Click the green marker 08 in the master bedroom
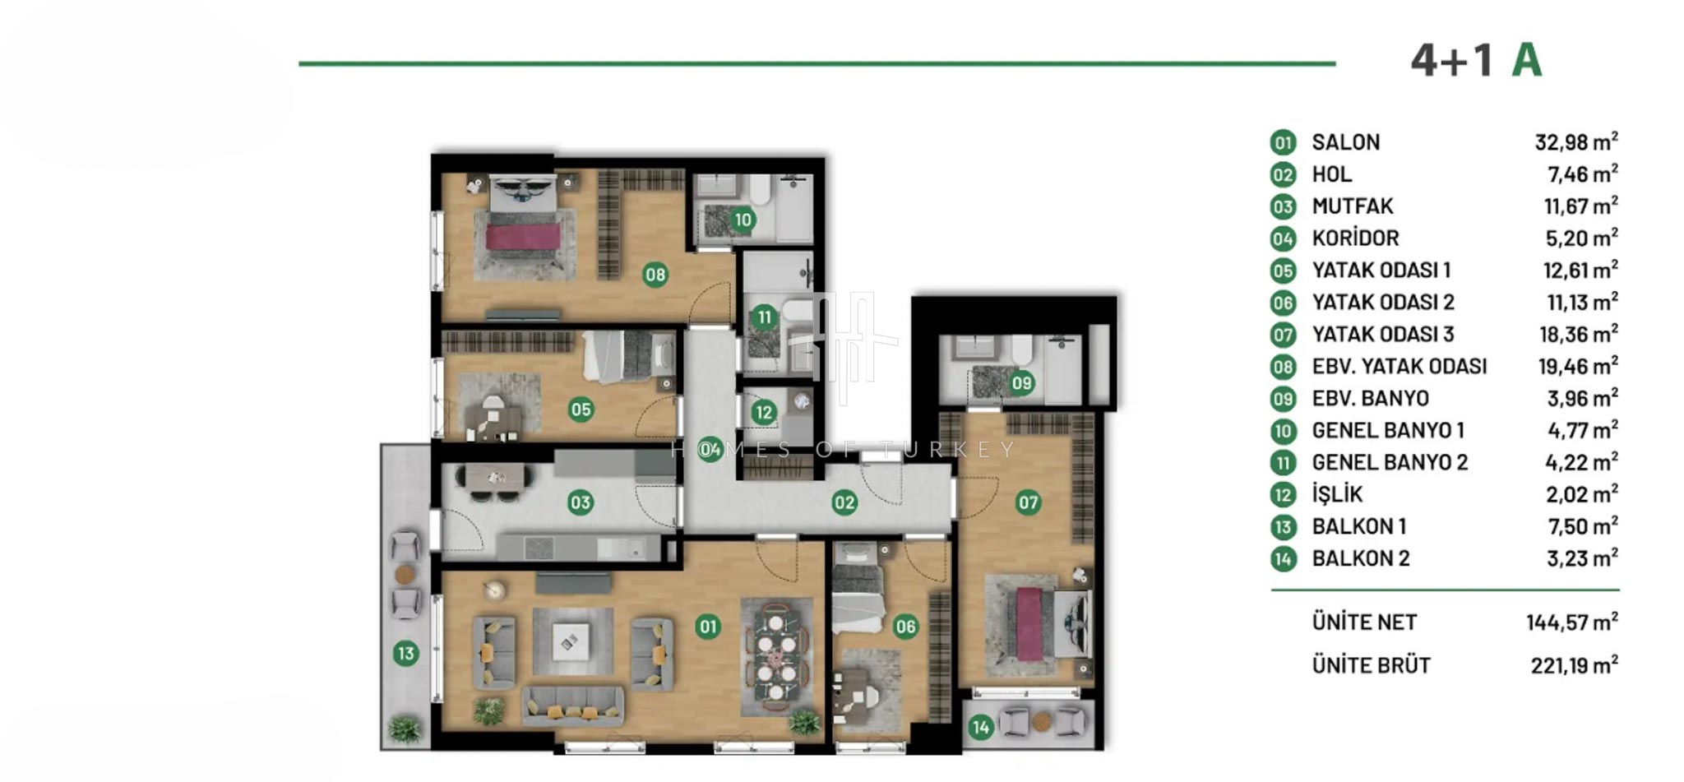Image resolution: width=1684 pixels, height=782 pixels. tap(655, 275)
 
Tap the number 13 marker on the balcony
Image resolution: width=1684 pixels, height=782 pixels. tap(405, 654)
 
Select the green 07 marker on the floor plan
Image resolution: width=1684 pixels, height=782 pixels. tap(1028, 502)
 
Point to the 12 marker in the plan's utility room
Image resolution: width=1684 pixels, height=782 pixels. tap(764, 412)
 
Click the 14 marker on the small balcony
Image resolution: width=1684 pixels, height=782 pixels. tap(980, 727)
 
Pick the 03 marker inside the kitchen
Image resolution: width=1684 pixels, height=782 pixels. tap(581, 502)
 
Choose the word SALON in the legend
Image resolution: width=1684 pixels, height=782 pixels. tap(1346, 142)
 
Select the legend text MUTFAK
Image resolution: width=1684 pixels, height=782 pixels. tap(1353, 206)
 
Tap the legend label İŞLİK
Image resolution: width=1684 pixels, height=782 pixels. tap(1337, 494)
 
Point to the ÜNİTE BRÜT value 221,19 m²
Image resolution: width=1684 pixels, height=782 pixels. tap(1575, 664)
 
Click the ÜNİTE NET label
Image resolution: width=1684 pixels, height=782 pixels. tap(1364, 622)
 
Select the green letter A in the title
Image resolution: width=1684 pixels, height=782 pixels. tap(1527, 60)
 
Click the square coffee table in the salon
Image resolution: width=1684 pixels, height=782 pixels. tap(571, 641)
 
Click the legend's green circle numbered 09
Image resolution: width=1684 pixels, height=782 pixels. tap(1283, 399)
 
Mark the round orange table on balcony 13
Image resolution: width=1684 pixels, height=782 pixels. tap(404, 574)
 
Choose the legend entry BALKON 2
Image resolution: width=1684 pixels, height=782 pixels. tap(1361, 558)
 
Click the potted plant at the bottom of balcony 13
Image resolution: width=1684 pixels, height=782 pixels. tap(404, 728)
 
